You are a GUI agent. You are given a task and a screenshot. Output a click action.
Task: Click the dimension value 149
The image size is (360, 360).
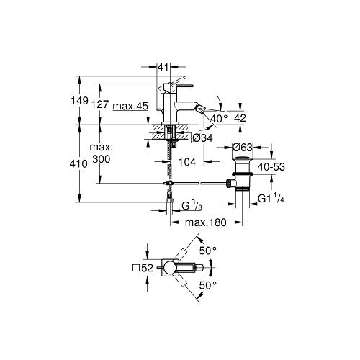coord(80,101)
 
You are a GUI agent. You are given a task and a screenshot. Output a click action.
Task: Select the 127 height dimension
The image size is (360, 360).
coord(101,104)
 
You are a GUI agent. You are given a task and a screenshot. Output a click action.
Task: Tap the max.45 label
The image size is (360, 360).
coord(130,106)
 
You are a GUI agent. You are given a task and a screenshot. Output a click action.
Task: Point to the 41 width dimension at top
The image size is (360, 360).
coord(163,68)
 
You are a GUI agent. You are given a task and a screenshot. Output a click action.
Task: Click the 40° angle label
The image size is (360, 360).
coord(219,118)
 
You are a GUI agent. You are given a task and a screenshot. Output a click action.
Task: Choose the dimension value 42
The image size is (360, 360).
coord(240,118)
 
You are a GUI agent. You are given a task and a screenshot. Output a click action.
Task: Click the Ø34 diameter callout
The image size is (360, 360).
coord(202,138)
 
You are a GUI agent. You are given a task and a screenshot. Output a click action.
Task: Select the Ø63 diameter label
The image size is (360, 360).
coord(243,147)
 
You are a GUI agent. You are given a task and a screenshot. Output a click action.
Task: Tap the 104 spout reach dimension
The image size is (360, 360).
coord(187,162)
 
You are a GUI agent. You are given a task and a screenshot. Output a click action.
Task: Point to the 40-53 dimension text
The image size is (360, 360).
coord(271,167)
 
